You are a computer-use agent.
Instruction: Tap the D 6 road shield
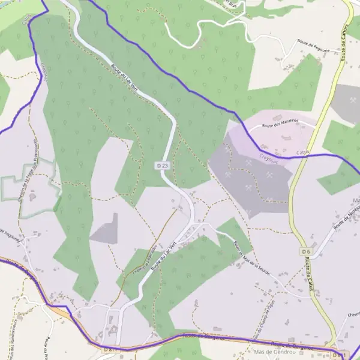[306, 251]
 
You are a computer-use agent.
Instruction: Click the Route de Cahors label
[346, 45]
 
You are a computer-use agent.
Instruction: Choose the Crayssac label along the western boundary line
[46, 73]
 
